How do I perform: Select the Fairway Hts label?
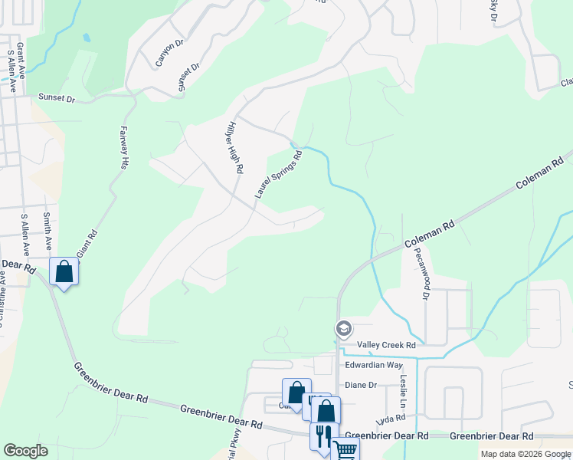pyautogui.click(x=123, y=148)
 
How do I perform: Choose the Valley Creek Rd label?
pyautogui.click(x=391, y=346)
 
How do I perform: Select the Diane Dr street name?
pyautogui.click(x=361, y=385)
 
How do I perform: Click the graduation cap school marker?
pyautogui.click(x=343, y=329)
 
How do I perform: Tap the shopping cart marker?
pyautogui.click(x=345, y=449)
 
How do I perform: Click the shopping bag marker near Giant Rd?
pyautogui.click(x=64, y=271)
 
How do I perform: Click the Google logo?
pyautogui.click(x=25, y=451)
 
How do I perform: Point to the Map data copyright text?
pyautogui.click(x=526, y=454)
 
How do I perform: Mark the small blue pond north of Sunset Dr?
pyautogui.click(x=87, y=37)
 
